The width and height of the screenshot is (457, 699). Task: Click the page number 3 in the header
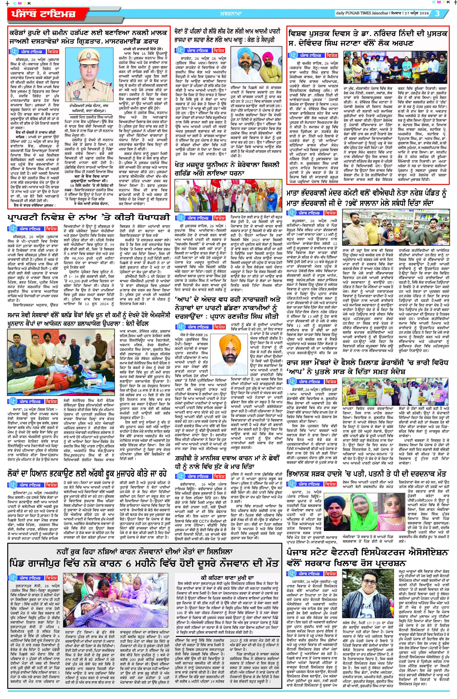pyautogui.click(x=437, y=13)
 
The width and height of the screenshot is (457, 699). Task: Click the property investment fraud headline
pyautogui.click(x=89, y=218)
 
